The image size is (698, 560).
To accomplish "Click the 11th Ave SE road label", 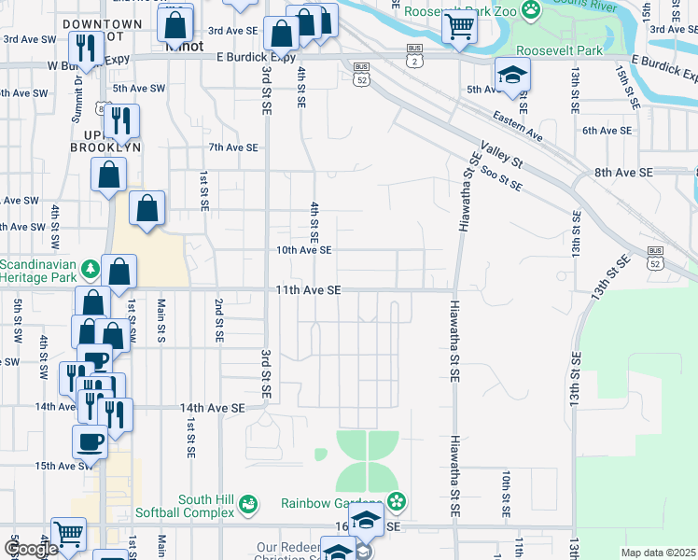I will coord(307,290).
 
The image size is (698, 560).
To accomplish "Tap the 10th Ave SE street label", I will coord(303,250).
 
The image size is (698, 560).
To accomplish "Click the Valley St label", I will coord(501,151).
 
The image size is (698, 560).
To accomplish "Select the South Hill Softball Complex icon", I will coord(248,505).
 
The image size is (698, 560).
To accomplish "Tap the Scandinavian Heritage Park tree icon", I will coord(91,270).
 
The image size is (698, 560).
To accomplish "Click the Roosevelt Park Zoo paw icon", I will coord(531,10).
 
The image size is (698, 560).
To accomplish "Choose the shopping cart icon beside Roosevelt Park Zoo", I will coord(459,27).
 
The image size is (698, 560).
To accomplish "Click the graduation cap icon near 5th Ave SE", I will coord(512,75).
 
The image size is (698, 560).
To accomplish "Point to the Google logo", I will coord(31,549).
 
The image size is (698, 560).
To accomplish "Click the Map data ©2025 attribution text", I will coord(658,553).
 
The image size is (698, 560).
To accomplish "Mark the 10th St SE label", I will coord(504,495).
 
